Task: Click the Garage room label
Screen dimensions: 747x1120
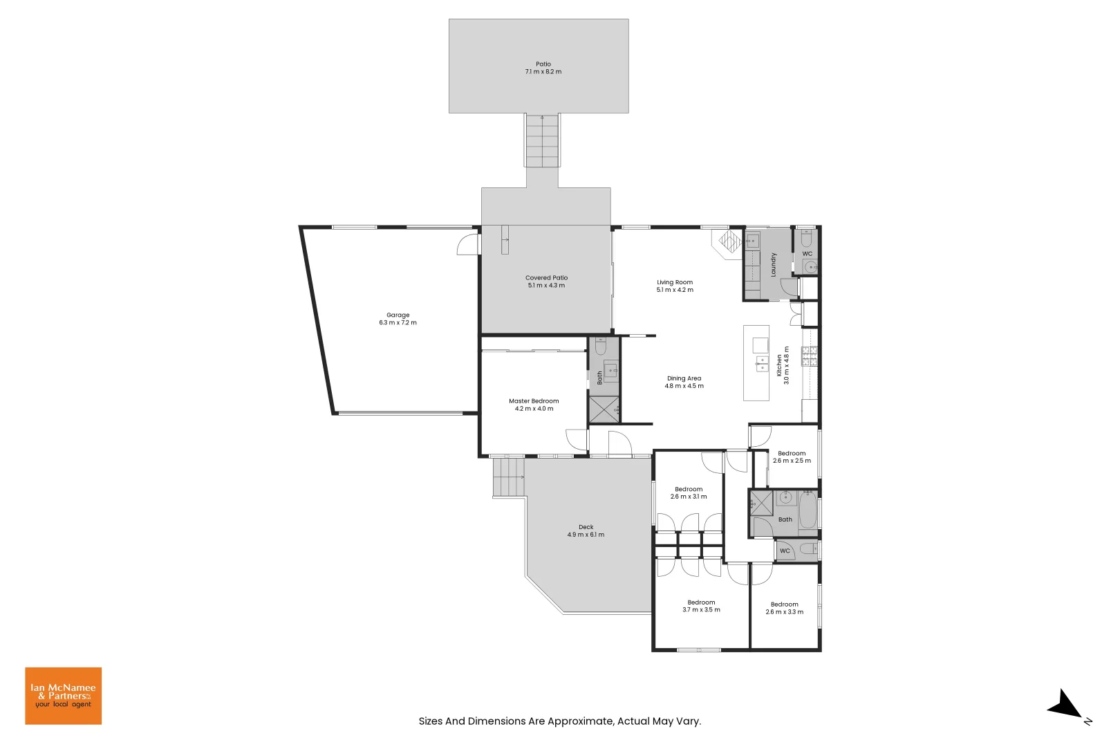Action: (398, 315)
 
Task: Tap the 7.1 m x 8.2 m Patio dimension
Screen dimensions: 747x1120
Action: (543, 72)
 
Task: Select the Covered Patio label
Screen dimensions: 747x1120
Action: (546, 278)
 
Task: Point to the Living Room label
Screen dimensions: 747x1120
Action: (675, 282)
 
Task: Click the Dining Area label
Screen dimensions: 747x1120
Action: (684, 378)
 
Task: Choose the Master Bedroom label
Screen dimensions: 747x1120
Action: (534, 401)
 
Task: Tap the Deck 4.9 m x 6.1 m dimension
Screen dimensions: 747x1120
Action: (586, 535)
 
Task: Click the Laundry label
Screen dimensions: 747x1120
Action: (774, 265)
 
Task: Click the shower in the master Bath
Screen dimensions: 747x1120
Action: (604, 410)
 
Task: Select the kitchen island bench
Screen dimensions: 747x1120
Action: (756, 363)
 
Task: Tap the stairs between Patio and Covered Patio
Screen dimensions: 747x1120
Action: (543, 142)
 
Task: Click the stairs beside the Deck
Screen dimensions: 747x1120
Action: (509, 477)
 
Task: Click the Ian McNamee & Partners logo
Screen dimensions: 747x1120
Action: (63, 696)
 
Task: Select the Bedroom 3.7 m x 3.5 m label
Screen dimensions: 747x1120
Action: (701, 602)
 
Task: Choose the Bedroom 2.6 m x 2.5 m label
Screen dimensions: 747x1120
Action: (792, 454)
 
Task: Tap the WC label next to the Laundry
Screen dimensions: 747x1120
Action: (807, 254)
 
